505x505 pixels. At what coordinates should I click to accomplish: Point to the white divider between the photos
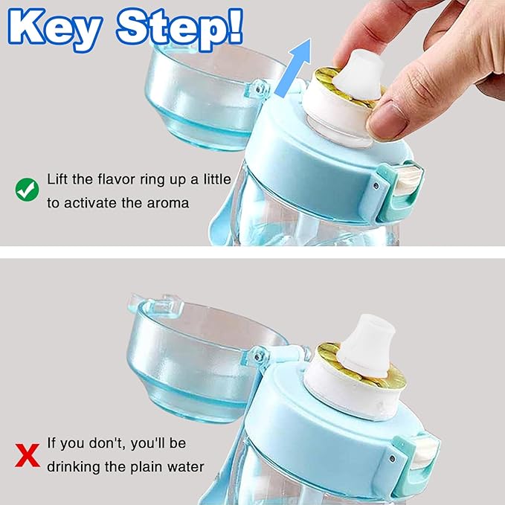(252, 253)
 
